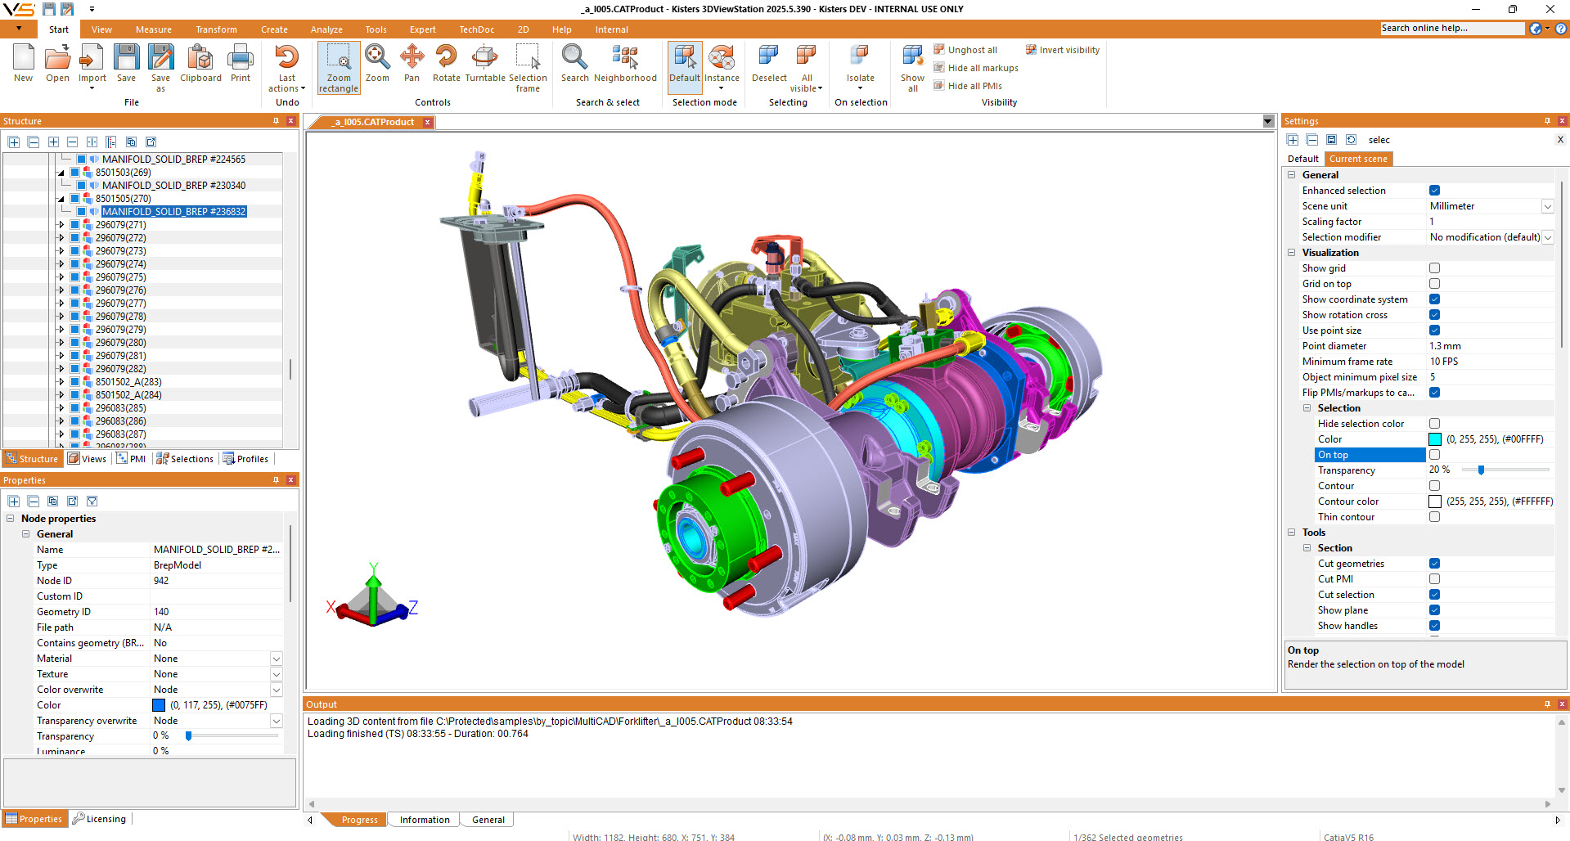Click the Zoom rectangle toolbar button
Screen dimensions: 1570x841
339,68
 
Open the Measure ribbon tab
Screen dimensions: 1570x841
154,29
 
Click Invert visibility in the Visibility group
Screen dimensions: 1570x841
1063,50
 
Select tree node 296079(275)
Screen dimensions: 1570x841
120,277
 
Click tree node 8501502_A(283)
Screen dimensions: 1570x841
128,382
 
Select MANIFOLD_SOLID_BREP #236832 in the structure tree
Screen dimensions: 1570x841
173,212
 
